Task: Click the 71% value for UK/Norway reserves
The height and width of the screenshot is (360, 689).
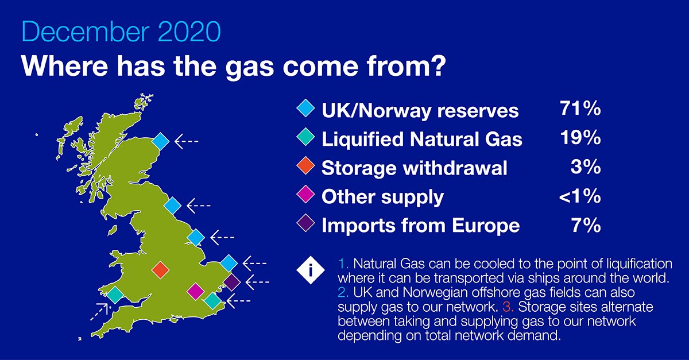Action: coord(579,108)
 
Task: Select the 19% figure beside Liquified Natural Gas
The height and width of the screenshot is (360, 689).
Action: coord(579,138)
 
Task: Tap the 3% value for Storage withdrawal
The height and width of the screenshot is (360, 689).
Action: coord(586,167)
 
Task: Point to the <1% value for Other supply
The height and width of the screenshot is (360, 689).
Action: coord(579,196)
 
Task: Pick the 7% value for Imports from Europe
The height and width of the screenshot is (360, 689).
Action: coord(586,225)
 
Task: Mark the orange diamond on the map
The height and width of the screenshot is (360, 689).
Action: coord(160,269)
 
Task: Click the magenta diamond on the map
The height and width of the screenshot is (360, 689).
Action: coord(196,291)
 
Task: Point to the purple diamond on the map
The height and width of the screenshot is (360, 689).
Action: coord(231,282)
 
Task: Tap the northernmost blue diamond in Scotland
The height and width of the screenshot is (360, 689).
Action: coord(161,141)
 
